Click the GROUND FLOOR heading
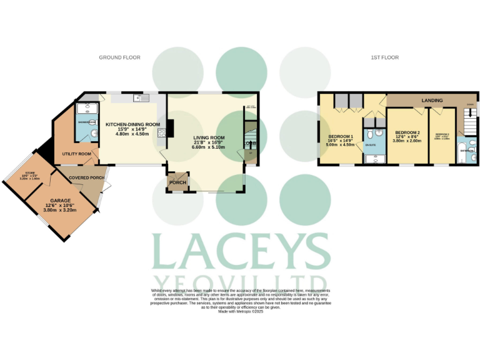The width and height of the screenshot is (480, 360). (x=119, y=57)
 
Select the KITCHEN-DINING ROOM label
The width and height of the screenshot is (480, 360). (x=132, y=124)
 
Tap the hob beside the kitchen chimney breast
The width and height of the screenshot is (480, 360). (x=162, y=132)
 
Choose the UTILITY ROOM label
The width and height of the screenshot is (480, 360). (x=76, y=154)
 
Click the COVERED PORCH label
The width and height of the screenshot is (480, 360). (x=87, y=178)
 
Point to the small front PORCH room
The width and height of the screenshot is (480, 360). (x=175, y=182)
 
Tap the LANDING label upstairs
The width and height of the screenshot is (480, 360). (x=432, y=100)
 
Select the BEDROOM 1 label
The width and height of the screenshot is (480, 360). (x=341, y=137)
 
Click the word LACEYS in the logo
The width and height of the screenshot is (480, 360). (x=241, y=252)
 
